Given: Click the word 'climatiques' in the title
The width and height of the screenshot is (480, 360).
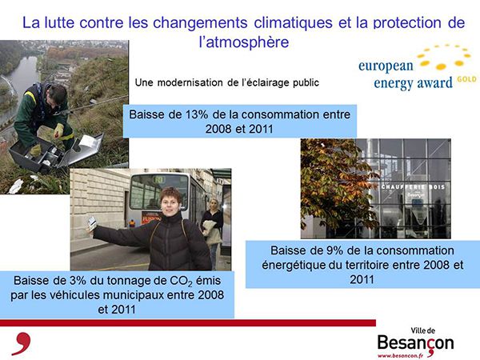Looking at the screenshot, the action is tap(293, 23).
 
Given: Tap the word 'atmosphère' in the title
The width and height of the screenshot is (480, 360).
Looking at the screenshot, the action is tap(247, 42).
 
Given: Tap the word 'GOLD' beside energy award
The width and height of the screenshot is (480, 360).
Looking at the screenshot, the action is tap(467, 79).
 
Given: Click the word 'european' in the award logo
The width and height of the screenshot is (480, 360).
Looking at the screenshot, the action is tap(386, 66).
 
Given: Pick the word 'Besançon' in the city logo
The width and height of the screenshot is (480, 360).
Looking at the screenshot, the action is tap(415, 343).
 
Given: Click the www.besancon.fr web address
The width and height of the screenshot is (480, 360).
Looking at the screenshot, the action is tap(400, 356).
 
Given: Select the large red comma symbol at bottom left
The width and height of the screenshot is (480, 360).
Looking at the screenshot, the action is tap(22, 343).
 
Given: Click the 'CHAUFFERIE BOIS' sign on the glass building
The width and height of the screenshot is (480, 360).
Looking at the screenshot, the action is tap(413, 186).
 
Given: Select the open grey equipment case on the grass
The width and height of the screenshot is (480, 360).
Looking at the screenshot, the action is tap(55, 151).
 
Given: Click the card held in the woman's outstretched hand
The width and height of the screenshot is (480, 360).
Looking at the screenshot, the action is tap(92, 223).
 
